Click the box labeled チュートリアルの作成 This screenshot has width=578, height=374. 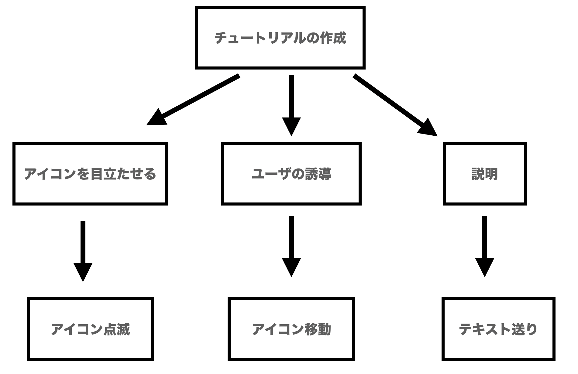click(280, 38)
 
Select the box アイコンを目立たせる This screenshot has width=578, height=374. click(90, 174)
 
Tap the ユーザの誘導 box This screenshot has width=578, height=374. click(291, 174)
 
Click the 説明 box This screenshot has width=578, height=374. click(484, 174)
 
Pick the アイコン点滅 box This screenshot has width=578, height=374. click(90, 329)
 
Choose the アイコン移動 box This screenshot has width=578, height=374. click(291, 329)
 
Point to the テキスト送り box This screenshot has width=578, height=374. click(498, 329)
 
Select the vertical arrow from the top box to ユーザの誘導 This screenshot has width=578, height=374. click(291, 103)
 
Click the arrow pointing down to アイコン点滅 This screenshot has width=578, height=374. click(83, 249)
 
